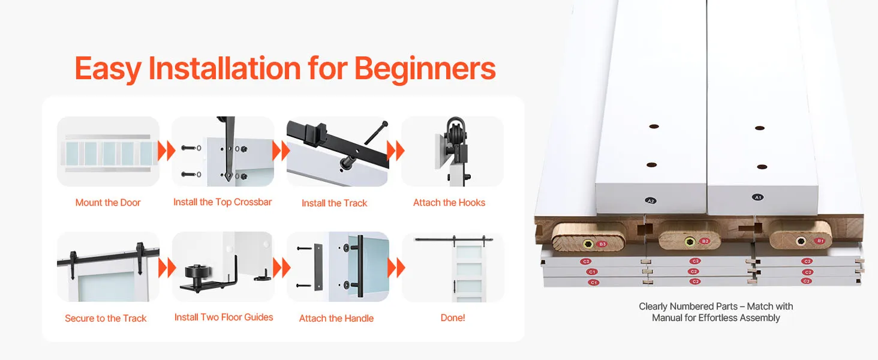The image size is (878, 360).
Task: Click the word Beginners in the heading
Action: [425, 69]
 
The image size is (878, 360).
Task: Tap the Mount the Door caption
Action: [108, 203]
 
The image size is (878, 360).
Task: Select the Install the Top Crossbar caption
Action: [222, 202]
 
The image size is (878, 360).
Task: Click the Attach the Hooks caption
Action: [449, 203]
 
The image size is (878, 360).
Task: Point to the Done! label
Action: [453, 317]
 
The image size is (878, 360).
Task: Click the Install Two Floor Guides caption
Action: [224, 317]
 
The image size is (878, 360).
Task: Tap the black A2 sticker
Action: [651, 201]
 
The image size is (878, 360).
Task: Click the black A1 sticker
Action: [757, 197]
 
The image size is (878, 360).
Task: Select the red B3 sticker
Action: [603, 244]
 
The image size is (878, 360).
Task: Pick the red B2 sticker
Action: [705, 241]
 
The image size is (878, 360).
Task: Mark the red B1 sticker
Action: [820, 241]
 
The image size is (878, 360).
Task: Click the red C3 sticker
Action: [806, 281]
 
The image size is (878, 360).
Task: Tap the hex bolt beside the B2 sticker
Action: [690, 242]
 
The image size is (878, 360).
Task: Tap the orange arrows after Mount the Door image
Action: [166, 151]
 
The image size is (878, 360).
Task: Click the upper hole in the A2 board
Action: [654, 126]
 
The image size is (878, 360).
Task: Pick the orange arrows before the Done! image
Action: [396, 268]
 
